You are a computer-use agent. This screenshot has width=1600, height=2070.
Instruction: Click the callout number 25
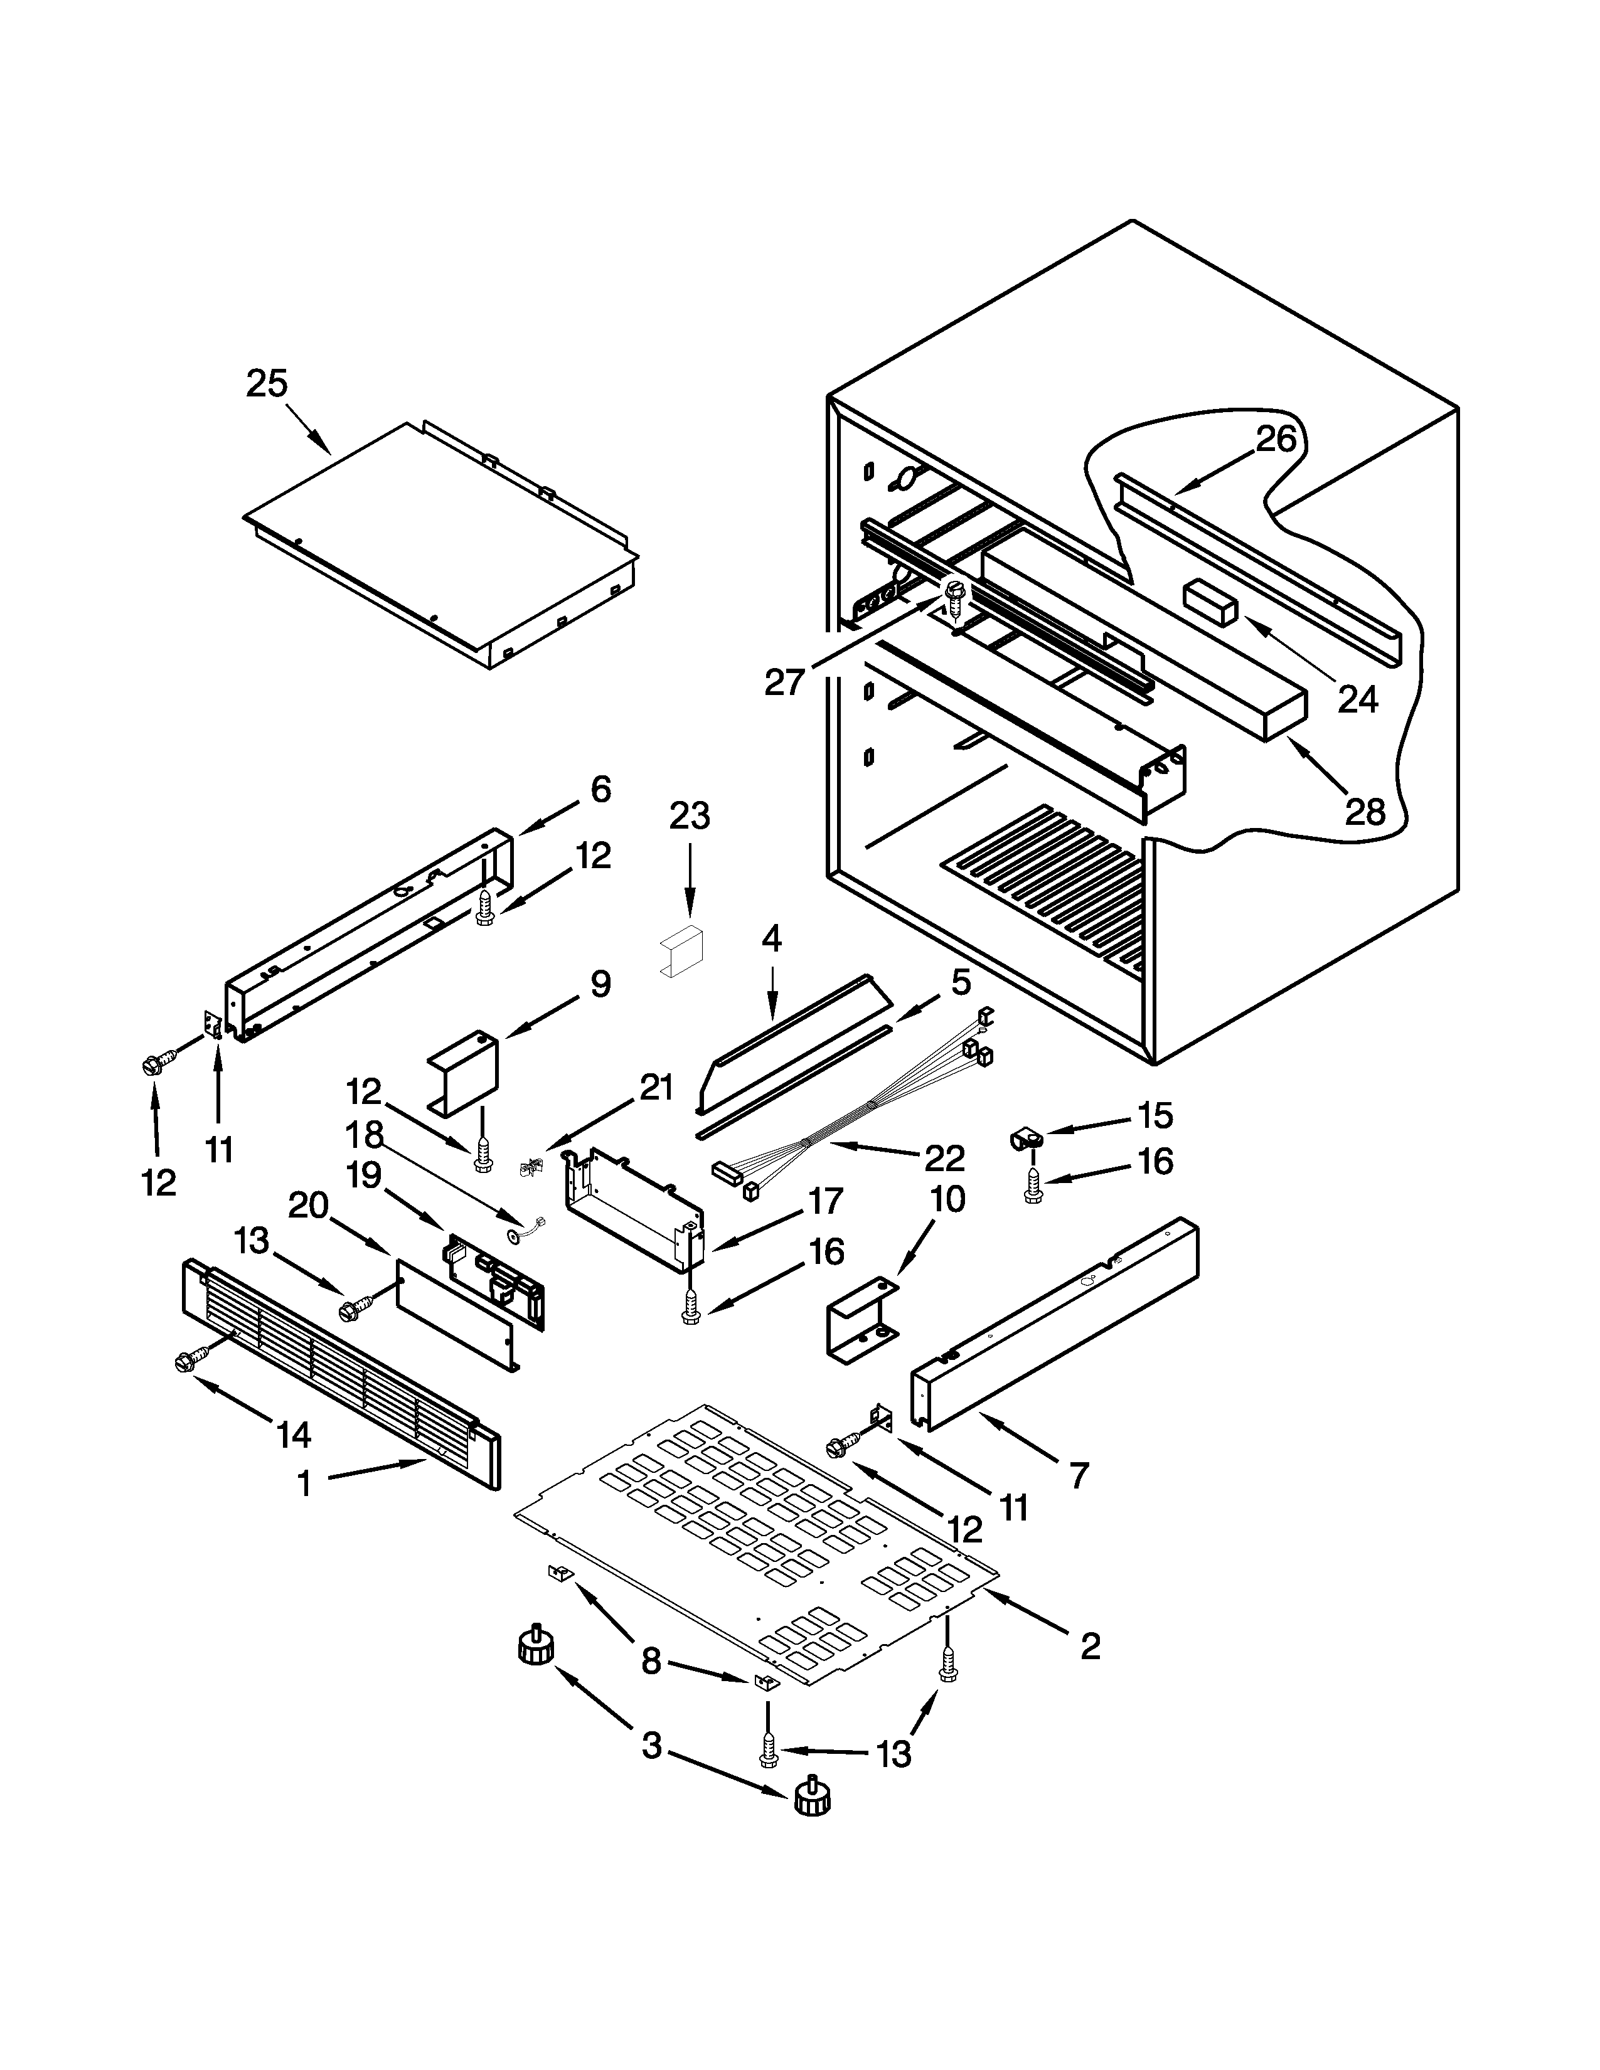266,384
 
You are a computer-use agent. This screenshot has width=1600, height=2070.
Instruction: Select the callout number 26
1276,440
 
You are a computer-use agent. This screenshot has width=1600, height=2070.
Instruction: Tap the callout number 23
689,816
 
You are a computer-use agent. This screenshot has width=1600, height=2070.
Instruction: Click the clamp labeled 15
1024,1138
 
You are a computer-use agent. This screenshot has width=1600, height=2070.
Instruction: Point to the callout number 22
944,1158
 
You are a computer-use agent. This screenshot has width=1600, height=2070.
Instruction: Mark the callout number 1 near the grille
304,1483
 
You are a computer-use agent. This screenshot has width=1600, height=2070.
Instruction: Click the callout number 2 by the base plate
1090,1647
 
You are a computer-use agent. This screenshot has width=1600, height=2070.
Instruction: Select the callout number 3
651,1745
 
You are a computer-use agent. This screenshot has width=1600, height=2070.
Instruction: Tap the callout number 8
651,1660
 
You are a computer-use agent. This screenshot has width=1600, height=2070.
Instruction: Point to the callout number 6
601,790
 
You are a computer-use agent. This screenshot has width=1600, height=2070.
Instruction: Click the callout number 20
308,1206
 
